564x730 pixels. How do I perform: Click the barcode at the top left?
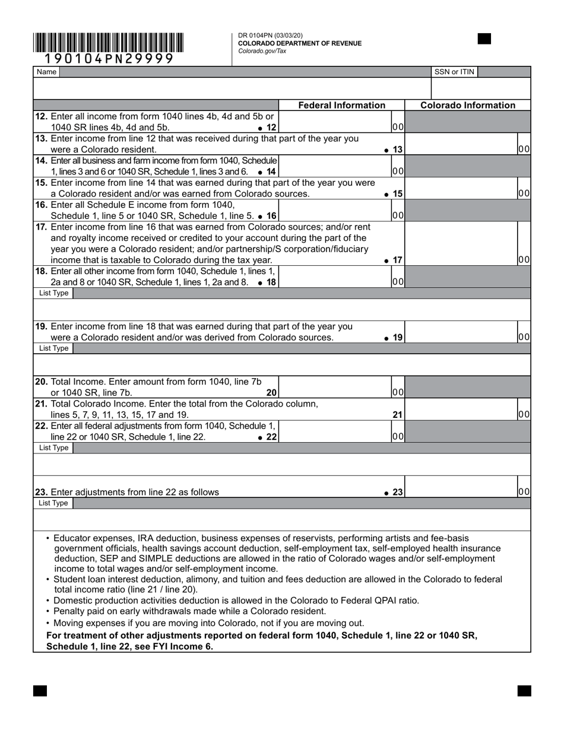(108, 43)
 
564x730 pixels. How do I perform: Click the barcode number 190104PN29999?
(109, 58)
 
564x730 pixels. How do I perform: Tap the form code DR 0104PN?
(256, 36)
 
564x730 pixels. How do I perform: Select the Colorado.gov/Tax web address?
(262, 51)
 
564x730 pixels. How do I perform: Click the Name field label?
(46, 72)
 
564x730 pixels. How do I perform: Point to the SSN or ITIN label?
(454, 72)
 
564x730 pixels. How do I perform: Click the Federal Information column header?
(341, 105)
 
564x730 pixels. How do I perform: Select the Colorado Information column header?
(468, 105)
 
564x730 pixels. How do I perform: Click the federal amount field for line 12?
(335, 122)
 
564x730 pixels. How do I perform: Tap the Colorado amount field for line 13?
(461, 144)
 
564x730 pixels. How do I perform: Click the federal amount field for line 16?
(335, 211)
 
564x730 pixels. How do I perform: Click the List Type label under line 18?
(53, 293)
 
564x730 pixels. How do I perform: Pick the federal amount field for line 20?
(335, 387)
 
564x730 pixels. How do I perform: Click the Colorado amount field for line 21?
(461, 410)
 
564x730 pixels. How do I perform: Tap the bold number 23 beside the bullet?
(397, 492)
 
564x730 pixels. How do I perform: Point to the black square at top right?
(484, 39)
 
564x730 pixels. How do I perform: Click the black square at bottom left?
(40, 691)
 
